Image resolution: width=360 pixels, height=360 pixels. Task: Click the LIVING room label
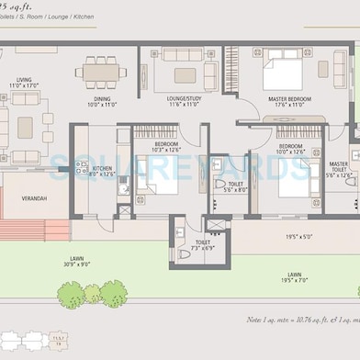[x=21, y=82]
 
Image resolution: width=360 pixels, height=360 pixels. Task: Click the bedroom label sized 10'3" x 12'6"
[x=166, y=147]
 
